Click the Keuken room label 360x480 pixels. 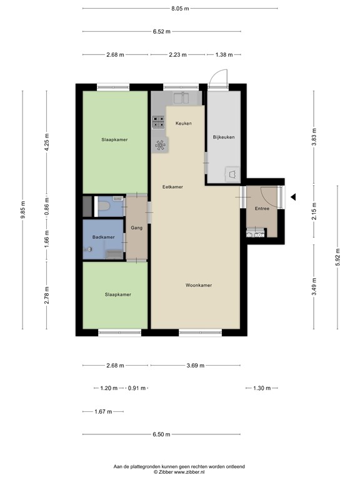(x=183, y=123)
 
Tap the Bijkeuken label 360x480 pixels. (x=224, y=137)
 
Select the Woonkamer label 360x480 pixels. (x=199, y=285)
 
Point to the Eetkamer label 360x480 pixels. (x=172, y=187)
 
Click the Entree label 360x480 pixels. (x=262, y=209)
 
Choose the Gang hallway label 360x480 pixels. (x=136, y=227)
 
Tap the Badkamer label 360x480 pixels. (x=104, y=237)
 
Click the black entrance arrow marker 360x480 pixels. (x=293, y=197)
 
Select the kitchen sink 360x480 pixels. (x=181, y=98)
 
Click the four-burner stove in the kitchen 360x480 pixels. (x=159, y=122)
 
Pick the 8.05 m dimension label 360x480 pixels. (x=180, y=9)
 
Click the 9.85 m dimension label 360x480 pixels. (x=23, y=210)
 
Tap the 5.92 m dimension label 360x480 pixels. (x=338, y=257)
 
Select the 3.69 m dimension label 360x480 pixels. (x=195, y=365)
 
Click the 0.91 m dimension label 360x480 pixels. (x=136, y=388)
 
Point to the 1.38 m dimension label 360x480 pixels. (x=224, y=55)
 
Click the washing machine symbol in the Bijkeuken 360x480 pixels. (x=232, y=174)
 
